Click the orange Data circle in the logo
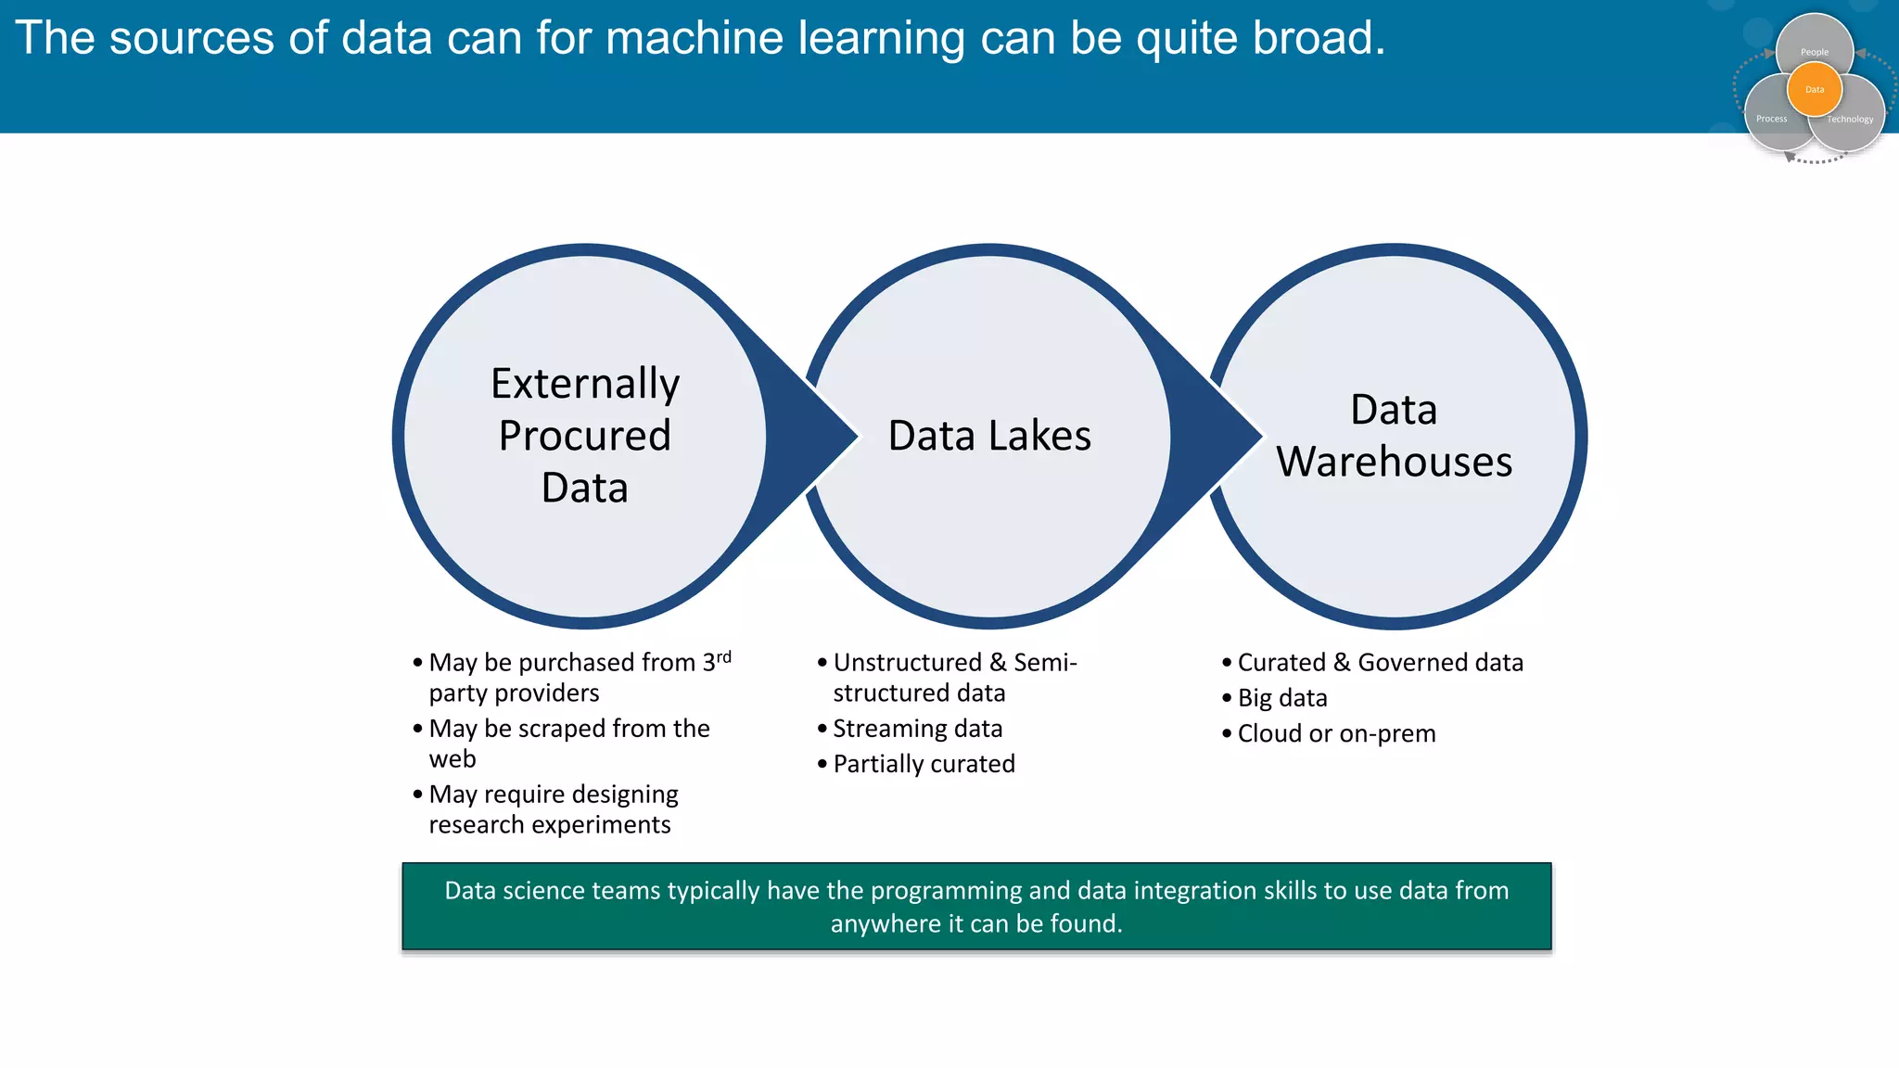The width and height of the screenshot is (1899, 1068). [1815, 89]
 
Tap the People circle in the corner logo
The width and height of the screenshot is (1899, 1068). [1815, 43]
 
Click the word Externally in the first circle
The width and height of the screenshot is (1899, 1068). [585, 384]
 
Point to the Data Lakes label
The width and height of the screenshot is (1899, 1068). [989, 436]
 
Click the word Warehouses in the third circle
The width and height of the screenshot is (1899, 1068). [1394, 462]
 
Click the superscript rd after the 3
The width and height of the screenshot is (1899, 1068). [723, 656]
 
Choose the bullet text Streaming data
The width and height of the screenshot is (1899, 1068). [917, 729]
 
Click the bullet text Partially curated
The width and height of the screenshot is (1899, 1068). [924, 764]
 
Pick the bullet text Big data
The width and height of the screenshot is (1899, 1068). [1282, 698]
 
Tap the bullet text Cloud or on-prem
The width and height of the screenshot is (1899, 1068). [1336, 733]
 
